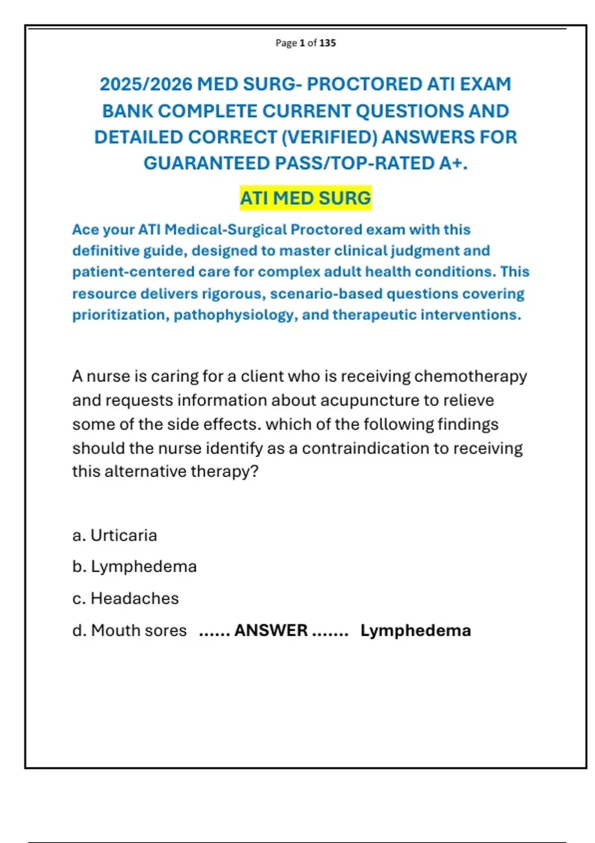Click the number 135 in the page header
click(x=328, y=43)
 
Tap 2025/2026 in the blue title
click(x=146, y=84)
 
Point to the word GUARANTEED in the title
click(x=207, y=163)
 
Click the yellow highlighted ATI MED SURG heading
click(x=305, y=198)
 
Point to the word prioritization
click(x=120, y=315)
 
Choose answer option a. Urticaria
click(x=115, y=536)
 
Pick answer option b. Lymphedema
click(x=135, y=567)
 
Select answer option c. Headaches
click(x=126, y=599)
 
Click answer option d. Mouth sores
click(x=130, y=630)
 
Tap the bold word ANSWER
click(x=271, y=630)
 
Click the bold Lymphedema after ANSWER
click(x=416, y=630)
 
